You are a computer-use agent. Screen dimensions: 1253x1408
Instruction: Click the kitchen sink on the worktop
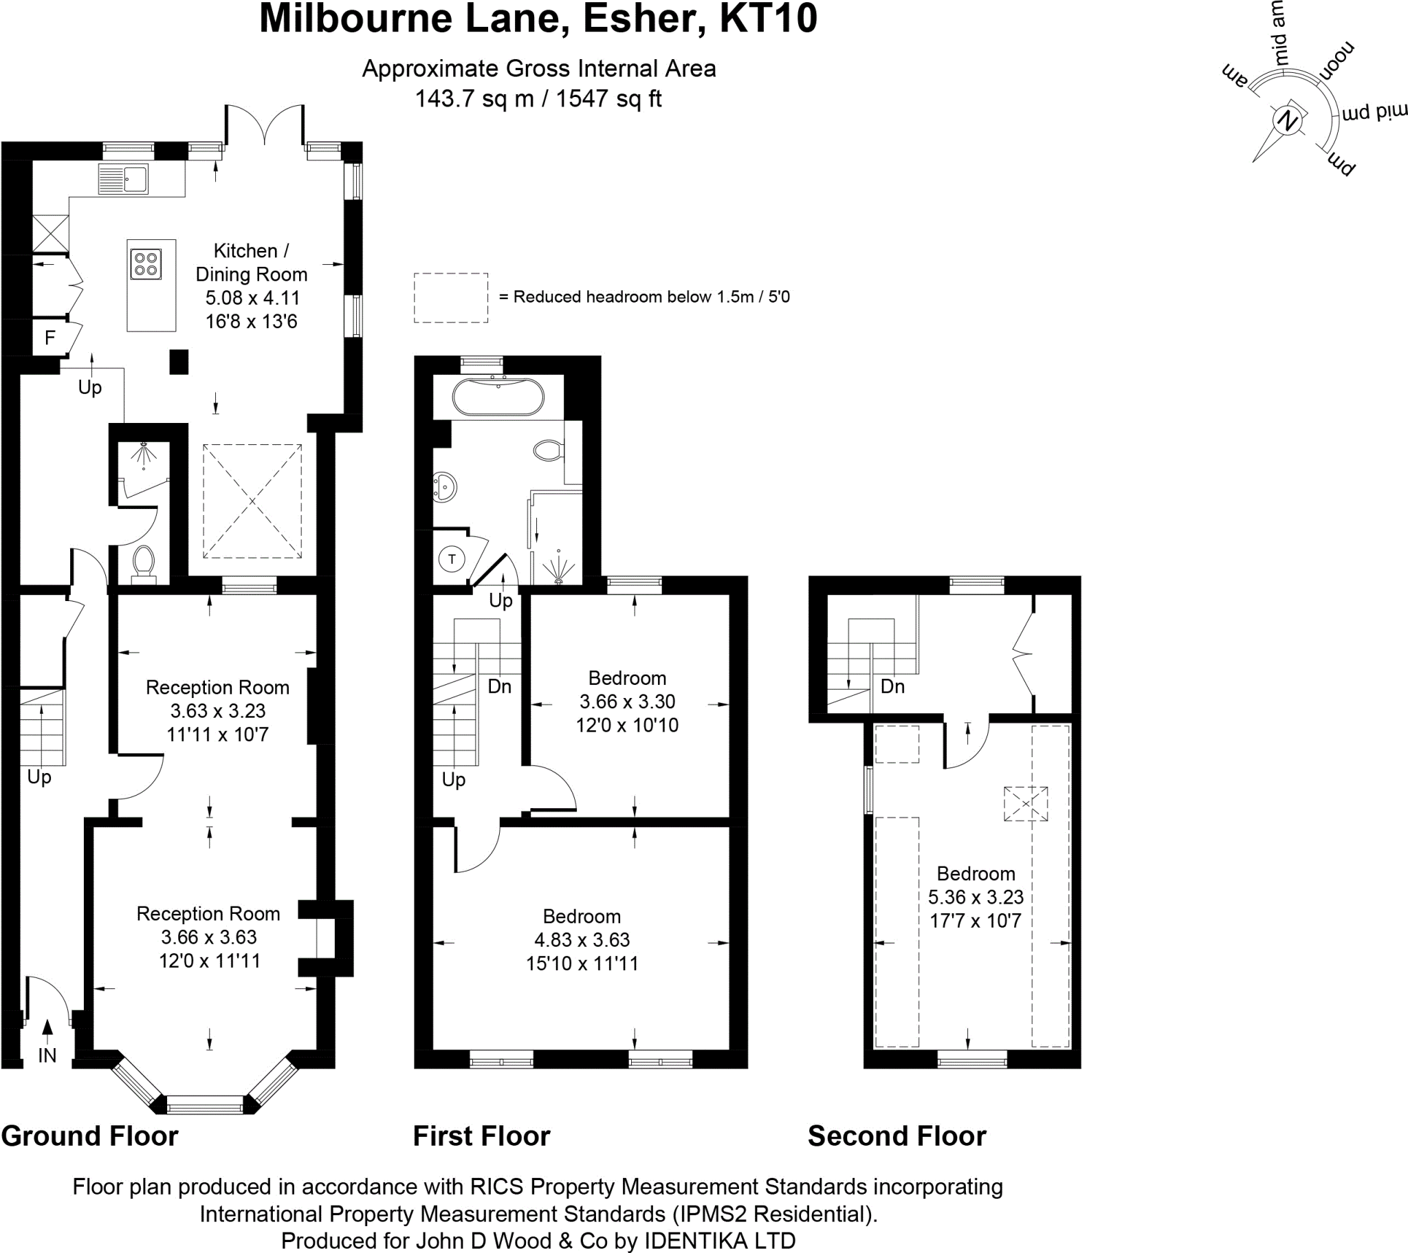coord(124,179)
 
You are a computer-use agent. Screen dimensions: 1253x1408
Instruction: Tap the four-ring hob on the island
coord(146,264)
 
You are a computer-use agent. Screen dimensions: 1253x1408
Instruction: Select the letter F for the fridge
coord(49,338)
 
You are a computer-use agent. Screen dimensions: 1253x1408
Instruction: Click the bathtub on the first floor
coord(498,397)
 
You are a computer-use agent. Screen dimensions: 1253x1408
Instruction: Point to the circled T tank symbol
coord(452,559)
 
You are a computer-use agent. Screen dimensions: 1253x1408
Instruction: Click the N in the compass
coord(1287,121)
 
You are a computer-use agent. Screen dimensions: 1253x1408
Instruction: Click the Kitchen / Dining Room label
coord(251,263)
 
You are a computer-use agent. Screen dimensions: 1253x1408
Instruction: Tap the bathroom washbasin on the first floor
coord(445,488)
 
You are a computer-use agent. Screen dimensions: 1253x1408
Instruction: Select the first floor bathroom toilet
coord(549,450)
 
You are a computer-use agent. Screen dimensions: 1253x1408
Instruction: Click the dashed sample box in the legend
coord(450,298)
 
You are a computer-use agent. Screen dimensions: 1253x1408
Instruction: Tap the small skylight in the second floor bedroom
coord(1025,804)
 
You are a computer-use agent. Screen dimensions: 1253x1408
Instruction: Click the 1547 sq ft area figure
coord(608,99)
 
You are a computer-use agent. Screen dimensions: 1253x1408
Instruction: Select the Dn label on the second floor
coord(892,686)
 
